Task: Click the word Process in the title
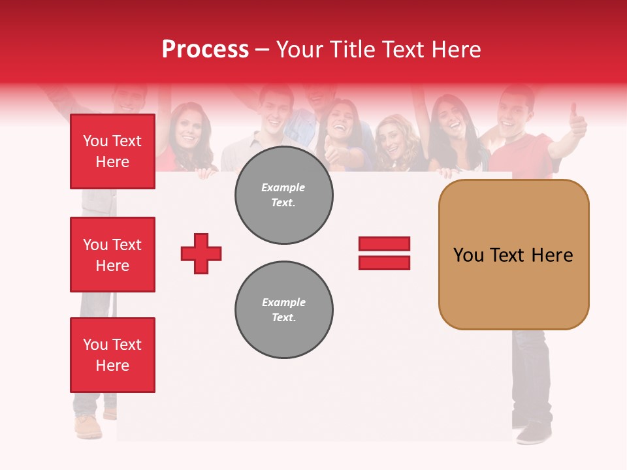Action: (205, 50)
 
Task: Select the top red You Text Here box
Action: (112, 151)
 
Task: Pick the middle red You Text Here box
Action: (112, 255)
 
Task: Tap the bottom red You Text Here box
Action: (112, 355)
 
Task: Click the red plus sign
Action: (201, 253)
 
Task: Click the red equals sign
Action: (384, 253)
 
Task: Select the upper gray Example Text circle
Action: (283, 195)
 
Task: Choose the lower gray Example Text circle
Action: (283, 310)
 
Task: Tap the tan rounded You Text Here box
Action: (513, 255)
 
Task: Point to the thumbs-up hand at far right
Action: (577, 121)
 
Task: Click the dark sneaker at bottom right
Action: (534, 432)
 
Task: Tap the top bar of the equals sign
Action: (384, 244)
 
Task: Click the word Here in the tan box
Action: (552, 255)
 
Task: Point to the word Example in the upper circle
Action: (283, 187)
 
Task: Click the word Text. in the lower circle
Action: (283, 318)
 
